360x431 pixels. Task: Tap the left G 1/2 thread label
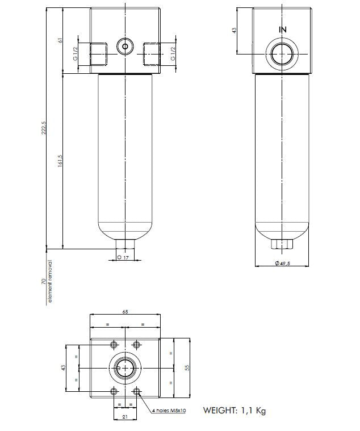[x=74, y=53]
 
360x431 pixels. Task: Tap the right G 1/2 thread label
[x=173, y=53]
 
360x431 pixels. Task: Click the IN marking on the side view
[x=282, y=29]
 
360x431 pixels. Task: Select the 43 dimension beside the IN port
[x=234, y=30]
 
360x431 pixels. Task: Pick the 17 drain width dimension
[x=123, y=257]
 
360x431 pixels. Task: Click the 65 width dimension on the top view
[x=125, y=312]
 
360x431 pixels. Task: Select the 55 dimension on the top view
[x=187, y=367]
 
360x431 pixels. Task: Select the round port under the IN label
[x=282, y=55]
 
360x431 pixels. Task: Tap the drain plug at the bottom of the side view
[x=282, y=244]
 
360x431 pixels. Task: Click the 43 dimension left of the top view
[x=64, y=367]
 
